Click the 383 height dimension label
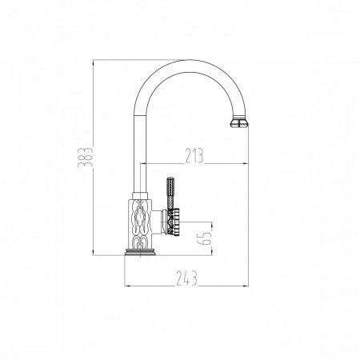click(86, 158)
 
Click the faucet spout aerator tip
click(239, 123)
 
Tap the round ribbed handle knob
click(173, 222)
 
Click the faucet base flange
click(140, 252)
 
